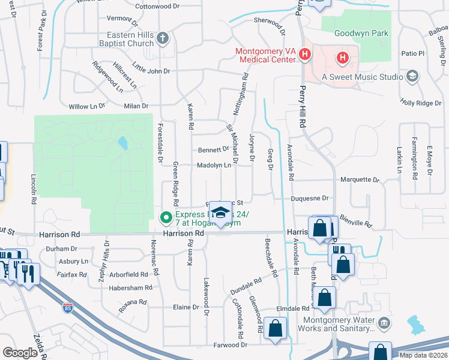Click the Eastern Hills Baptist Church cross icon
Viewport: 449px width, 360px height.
coord(162,40)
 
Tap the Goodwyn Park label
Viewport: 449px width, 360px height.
coord(356,34)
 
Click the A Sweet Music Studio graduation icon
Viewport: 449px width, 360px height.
coord(412,76)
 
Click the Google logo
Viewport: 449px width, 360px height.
coord(20,353)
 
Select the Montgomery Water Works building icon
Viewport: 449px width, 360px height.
coord(385,324)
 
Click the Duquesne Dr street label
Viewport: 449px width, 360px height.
coord(310,198)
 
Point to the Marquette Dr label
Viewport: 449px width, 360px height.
coord(360,179)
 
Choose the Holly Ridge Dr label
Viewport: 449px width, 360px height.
coord(420,103)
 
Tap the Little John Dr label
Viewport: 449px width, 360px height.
coord(151,70)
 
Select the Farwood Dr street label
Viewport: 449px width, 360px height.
coord(230,345)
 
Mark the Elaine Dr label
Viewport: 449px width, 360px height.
coord(185,307)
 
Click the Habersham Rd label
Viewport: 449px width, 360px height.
coord(127,288)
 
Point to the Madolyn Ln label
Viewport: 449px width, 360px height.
coord(214,165)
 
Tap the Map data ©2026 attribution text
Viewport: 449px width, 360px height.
coord(423,355)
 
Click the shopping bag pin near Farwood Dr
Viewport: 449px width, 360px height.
coord(276,328)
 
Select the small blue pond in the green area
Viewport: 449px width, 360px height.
coord(123,143)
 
